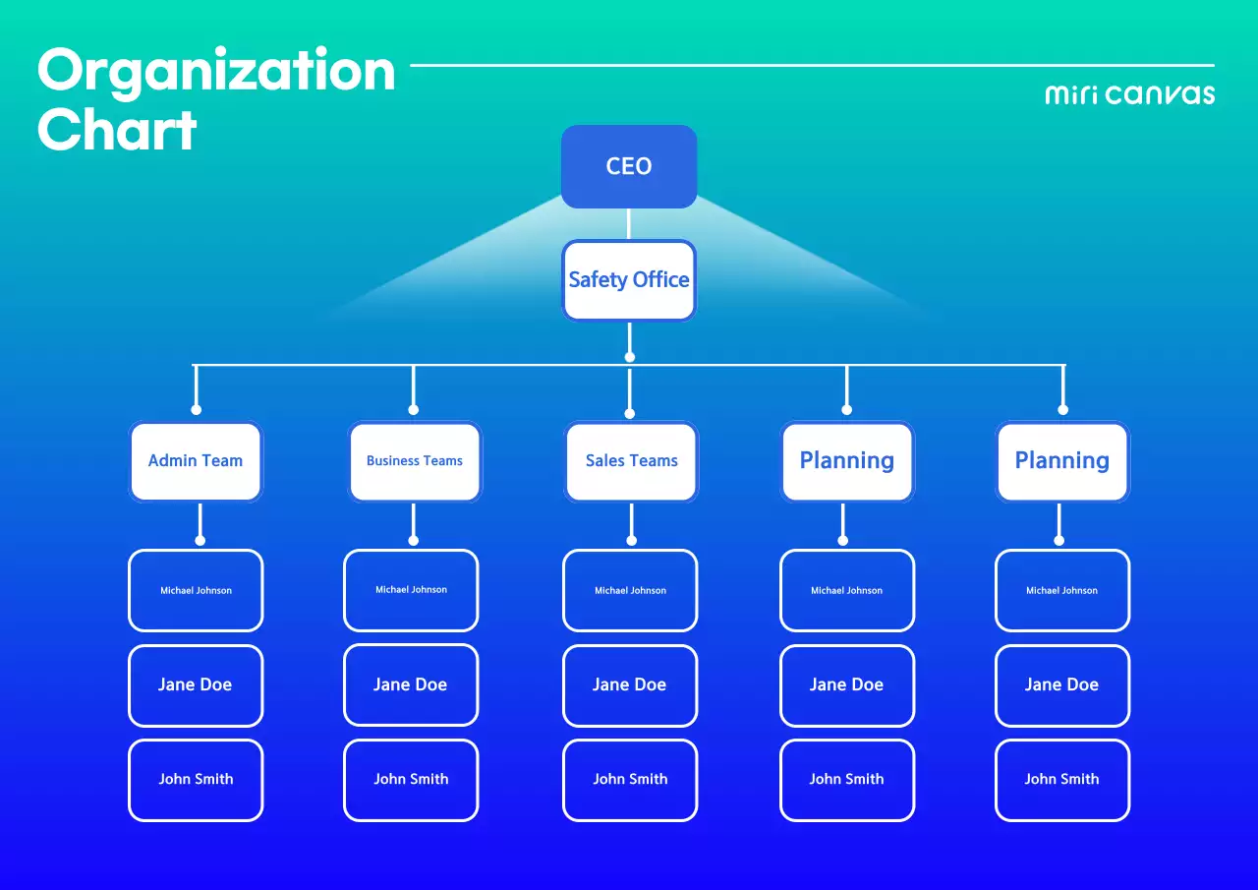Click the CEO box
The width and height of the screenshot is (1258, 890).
click(x=629, y=166)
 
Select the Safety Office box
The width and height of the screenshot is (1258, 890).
click(x=629, y=280)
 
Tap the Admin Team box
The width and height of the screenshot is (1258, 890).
click(x=196, y=461)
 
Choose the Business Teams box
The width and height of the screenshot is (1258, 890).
click(x=415, y=461)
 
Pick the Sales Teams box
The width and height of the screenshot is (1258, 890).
click(x=631, y=461)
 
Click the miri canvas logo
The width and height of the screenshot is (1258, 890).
click(x=1129, y=94)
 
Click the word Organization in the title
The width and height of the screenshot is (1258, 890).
click(x=216, y=71)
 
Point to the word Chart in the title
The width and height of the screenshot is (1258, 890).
click(x=117, y=130)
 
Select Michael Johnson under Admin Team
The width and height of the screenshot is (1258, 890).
click(x=196, y=590)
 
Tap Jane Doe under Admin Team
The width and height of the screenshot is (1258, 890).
click(x=196, y=685)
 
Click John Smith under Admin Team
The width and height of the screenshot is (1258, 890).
click(x=196, y=780)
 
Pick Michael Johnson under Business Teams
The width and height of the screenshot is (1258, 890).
click(x=411, y=590)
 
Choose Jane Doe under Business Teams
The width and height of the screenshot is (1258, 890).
click(x=411, y=685)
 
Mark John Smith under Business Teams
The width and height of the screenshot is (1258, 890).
click(x=411, y=780)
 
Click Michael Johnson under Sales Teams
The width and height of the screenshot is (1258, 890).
click(x=630, y=590)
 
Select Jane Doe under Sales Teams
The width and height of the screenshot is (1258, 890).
click(x=630, y=685)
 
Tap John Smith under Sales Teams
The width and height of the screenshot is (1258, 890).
click(x=630, y=780)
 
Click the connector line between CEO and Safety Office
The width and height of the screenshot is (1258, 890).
click(x=629, y=224)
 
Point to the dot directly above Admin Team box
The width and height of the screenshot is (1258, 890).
click(x=197, y=409)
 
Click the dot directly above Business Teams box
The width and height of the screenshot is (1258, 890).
click(x=413, y=409)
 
